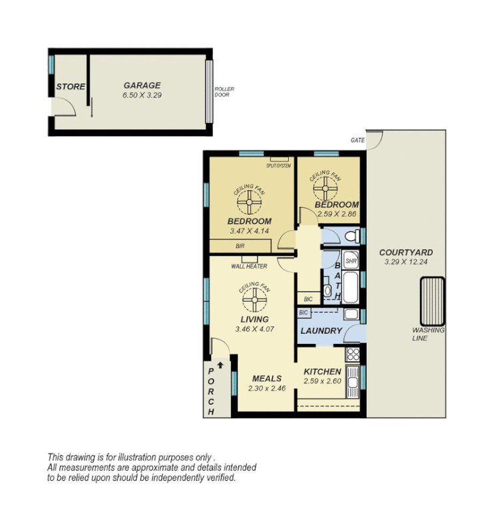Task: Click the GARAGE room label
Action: pyautogui.click(x=142, y=85)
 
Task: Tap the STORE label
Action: pyautogui.click(x=70, y=87)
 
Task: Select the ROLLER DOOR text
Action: pyautogui.click(x=224, y=92)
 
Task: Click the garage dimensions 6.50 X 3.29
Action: pyautogui.click(x=142, y=95)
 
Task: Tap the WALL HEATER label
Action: pyautogui.click(x=249, y=266)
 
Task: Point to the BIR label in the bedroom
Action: pyautogui.click(x=239, y=246)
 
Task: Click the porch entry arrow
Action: pyautogui.click(x=220, y=365)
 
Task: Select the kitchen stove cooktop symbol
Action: pyautogui.click(x=353, y=354)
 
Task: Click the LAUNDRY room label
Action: pyautogui.click(x=321, y=331)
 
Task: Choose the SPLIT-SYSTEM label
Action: pyautogui.click(x=278, y=166)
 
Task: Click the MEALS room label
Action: pyautogui.click(x=266, y=378)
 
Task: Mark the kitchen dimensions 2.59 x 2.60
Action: pyautogui.click(x=322, y=382)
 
